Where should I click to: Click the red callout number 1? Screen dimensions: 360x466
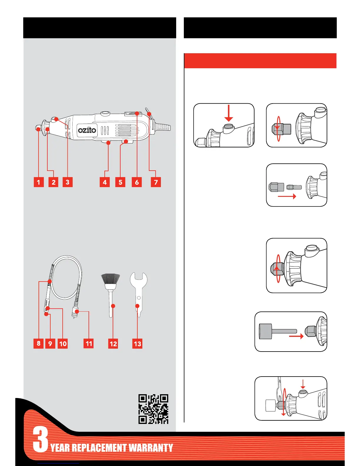point(39,182)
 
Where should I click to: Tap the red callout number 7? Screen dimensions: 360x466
point(156,182)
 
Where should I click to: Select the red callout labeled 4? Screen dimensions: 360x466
point(105,182)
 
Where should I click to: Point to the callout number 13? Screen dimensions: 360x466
point(137,344)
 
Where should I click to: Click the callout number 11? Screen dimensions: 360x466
point(89,343)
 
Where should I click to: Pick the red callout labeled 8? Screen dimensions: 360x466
point(39,343)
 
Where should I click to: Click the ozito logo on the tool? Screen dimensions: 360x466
point(87,129)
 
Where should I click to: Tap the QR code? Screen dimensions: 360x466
point(153,409)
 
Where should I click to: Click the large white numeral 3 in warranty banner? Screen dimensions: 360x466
point(40,440)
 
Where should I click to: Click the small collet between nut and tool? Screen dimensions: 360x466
point(294,187)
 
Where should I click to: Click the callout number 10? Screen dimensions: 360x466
point(63,344)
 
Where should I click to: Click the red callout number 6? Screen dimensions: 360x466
point(137,182)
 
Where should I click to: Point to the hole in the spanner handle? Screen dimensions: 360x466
point(139,298)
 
